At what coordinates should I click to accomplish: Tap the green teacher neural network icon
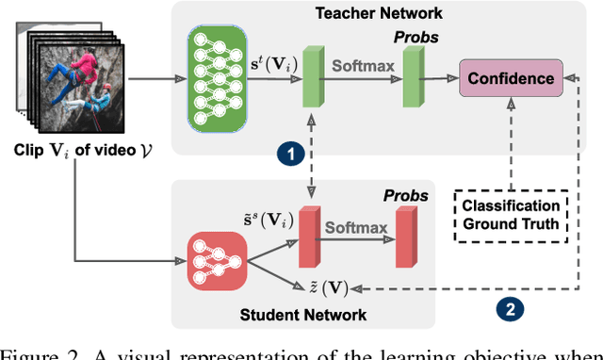[221, 80]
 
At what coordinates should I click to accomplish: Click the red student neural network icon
[219, 257]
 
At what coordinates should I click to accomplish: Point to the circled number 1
[289, 153]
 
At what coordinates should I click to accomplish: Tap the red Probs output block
[405, 237]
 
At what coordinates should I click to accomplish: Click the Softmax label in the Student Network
[356, 228]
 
